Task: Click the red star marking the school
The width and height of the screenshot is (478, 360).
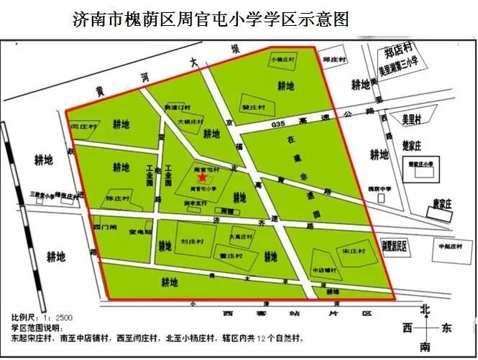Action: coord(203,177)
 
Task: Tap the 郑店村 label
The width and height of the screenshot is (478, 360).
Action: coord(397,53)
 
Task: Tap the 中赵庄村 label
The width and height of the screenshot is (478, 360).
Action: coord(451,246)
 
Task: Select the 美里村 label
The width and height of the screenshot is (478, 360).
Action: coord(410,118)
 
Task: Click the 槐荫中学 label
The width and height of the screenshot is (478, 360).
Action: coord(380,188)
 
